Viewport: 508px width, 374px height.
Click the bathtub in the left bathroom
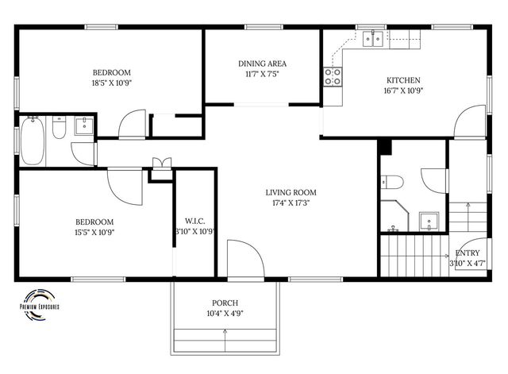33,141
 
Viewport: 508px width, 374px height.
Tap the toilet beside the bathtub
58,129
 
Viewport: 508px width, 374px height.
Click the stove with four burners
333,76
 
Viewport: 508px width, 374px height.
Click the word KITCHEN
402,79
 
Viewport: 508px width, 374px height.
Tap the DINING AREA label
262,64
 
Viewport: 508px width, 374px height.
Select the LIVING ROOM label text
291,192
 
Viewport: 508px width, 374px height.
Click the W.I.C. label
194,221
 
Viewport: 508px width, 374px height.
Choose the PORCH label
225,303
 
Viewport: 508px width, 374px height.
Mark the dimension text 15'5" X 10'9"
94,233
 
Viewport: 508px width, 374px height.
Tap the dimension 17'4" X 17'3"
291,203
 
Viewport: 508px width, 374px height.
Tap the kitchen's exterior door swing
468,121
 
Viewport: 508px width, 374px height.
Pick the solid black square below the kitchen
385,147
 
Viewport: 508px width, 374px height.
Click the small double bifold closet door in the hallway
161,164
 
